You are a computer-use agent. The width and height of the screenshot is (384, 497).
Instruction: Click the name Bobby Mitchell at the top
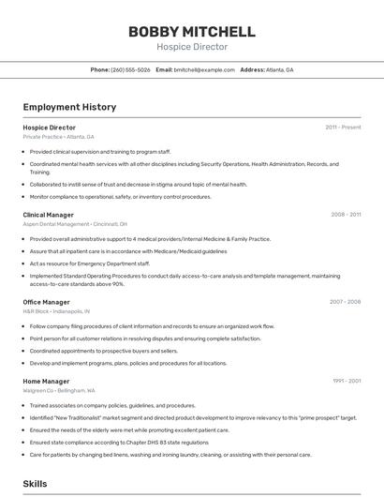click(191, 32)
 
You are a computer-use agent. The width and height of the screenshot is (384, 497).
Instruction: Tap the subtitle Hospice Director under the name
click(191, 47)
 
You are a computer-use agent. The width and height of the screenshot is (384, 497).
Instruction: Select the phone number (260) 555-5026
click(130, 70)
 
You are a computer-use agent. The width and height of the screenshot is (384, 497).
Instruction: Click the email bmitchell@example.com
click(204, 70)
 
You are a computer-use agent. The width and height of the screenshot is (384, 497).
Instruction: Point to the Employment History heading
click(69, 107)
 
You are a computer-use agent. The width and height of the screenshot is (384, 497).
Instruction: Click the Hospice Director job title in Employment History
click(50, 128)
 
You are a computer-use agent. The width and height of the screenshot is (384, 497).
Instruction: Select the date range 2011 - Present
click(343, 128)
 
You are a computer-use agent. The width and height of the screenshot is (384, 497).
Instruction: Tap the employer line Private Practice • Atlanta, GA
click(58, 137)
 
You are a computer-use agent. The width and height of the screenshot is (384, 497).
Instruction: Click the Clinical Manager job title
click(49, 215)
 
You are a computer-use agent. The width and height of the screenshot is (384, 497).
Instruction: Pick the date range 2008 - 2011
click(346, 215)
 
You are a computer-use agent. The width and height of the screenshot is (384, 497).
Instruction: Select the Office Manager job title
click(47, 302)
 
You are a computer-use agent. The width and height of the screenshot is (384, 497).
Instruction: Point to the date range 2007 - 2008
click(345, 302)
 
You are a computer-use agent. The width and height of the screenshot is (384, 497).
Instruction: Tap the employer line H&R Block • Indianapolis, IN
click(56, 311)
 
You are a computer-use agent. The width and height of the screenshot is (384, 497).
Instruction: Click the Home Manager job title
click(47, 382)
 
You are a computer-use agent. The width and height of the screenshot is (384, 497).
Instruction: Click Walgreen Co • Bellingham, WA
click(59, 391)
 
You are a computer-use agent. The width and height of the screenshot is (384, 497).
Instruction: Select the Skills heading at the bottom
click(36, 484)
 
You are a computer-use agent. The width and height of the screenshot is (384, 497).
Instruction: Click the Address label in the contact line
click(253, 70)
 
